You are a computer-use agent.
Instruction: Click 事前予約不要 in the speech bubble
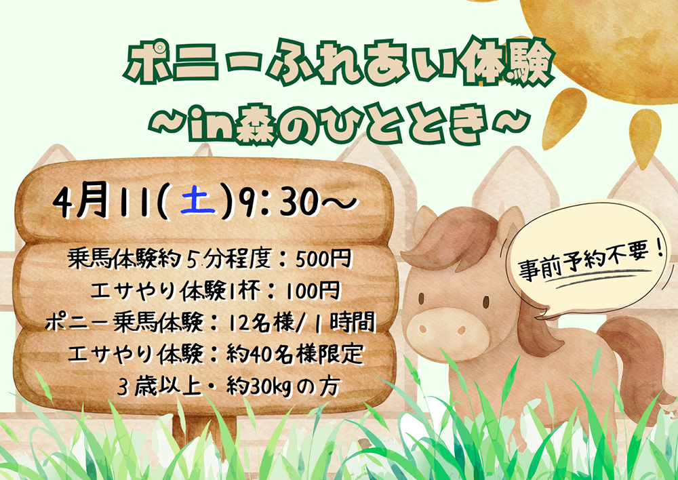[x=590, y=263]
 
